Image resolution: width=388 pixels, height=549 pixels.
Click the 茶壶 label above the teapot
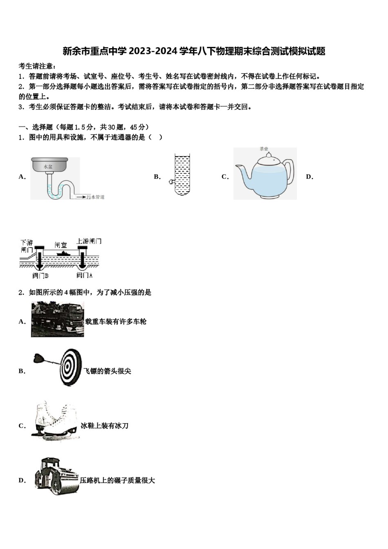[264, 149]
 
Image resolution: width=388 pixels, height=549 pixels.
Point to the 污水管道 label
[95, 197]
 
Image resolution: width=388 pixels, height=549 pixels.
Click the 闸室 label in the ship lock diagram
[61, 245]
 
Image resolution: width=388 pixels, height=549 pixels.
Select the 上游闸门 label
[89, 241]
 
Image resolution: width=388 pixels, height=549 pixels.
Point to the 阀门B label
[40, 275]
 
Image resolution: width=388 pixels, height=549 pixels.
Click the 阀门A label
[85, 275]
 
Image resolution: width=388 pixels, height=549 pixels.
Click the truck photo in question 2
[58, 319]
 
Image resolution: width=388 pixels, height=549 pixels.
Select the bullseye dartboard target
[70, 367]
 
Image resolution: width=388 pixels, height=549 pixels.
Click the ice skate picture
[56, 421]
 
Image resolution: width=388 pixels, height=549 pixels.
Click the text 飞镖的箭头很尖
[107, 371]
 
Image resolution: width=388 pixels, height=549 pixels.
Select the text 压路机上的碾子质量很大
[118, 480]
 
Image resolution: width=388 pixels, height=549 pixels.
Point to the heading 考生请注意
[37, 66]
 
